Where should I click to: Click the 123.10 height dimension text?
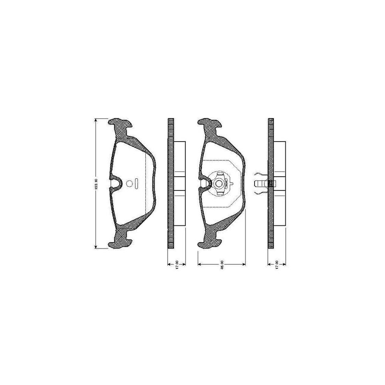(98, 184)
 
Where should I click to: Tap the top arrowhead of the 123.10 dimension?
(95, 121)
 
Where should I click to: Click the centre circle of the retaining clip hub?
(219, 184)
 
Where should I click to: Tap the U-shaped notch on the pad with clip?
(204, 183)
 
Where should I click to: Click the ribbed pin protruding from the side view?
(260, 184)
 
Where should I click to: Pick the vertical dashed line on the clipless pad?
(146, 184)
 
